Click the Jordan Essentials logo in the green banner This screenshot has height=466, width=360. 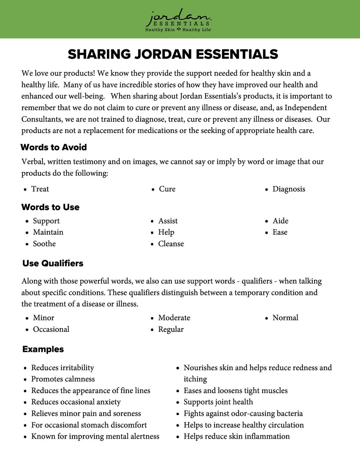pyautogui.click(x=178, y=20)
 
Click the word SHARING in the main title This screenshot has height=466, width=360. pyautogui.click(x=99, y=54)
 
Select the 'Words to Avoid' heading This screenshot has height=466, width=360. pyautogui.click(x=54, y=147)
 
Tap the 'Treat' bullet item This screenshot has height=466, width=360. pyautogui.click(x=40, y=189)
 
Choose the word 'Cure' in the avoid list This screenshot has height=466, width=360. pyautogui.click(x=167, y=189)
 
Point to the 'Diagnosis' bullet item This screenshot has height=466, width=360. pyautogui.click(x=289, y=189)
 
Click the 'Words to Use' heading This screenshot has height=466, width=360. pyautogui.click(x=50, y=207)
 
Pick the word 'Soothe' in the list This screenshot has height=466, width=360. pyautogui.click(x=44, y=244)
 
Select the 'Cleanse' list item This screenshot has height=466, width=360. pyautogui.click(x=171, y=244)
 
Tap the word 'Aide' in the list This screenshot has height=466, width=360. pyautogui.click(x=280, y=221)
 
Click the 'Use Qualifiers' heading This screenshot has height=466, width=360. pyautogui.click(x=53, y=263)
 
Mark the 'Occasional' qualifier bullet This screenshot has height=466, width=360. pyautogui.click(x=51, y=329)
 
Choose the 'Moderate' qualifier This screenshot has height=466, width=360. pyautogui.click(x=174, y=318)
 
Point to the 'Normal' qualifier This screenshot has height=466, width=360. pyautogui.click(x=285, y=318)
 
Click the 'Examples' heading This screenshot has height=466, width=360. pyautogui.click(x=43, y=349)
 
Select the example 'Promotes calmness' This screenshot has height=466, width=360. pyautogui.click(x=63, y=379)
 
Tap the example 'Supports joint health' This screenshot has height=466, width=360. pyautogui.click(x=218, y=402)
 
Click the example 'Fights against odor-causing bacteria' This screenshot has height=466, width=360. pyautogui.click(x=243, y=413)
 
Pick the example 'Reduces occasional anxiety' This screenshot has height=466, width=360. pyautogui.click(x=76, y=402)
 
